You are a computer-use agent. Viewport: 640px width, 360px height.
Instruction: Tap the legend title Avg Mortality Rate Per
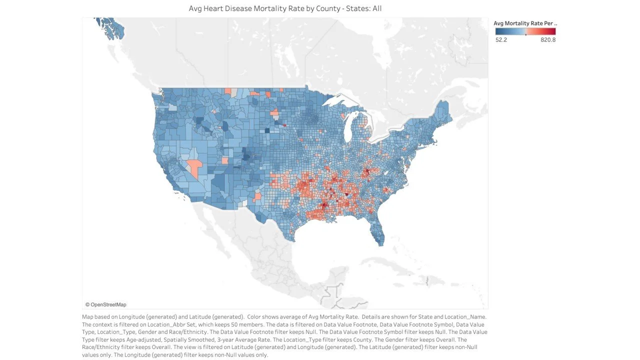[524, 23]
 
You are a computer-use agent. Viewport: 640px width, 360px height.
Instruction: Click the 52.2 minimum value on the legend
[501, 40]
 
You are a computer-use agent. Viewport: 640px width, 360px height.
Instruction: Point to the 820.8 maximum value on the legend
[548, 40]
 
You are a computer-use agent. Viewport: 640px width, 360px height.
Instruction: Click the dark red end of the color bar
[552, 31]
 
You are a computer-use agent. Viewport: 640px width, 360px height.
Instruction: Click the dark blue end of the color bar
[498, 31]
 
